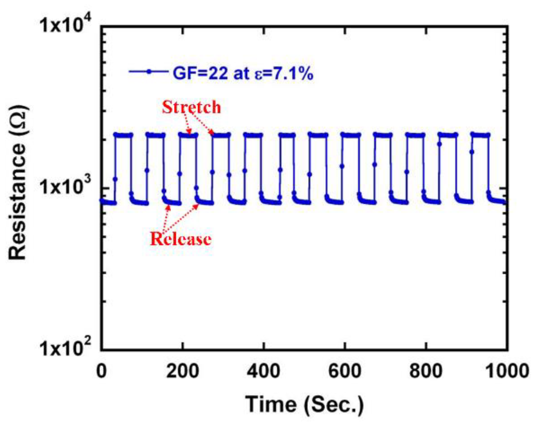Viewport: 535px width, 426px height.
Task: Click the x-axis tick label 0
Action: pyautogui.click(x=101, y=371)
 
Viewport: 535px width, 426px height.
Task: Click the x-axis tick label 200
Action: pyautogui.click(x=182, y=371)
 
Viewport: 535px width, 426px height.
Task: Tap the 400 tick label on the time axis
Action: pyautogui.click(x=263, y=371)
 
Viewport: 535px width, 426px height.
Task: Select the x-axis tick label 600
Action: pyautogui.click(x=345, y=371)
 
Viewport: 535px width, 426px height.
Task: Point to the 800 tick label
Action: pyautogui.click(x=426, y=371)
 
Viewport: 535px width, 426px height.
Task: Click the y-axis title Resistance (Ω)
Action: pyautogui.click(x=18, y=183)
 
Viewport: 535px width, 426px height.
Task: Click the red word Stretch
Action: pyautogui.click(x=191, y=107)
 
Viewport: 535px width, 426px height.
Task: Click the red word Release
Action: pyautogui.click(x=181, y=239)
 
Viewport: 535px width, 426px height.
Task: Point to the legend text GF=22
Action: pyautogui.click(x=200, y=73)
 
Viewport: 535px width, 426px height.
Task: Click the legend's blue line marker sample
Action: pyautogui.click(x=149, y=72)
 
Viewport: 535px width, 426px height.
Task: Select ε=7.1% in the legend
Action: pyautogui.click(x=284, y=73)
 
